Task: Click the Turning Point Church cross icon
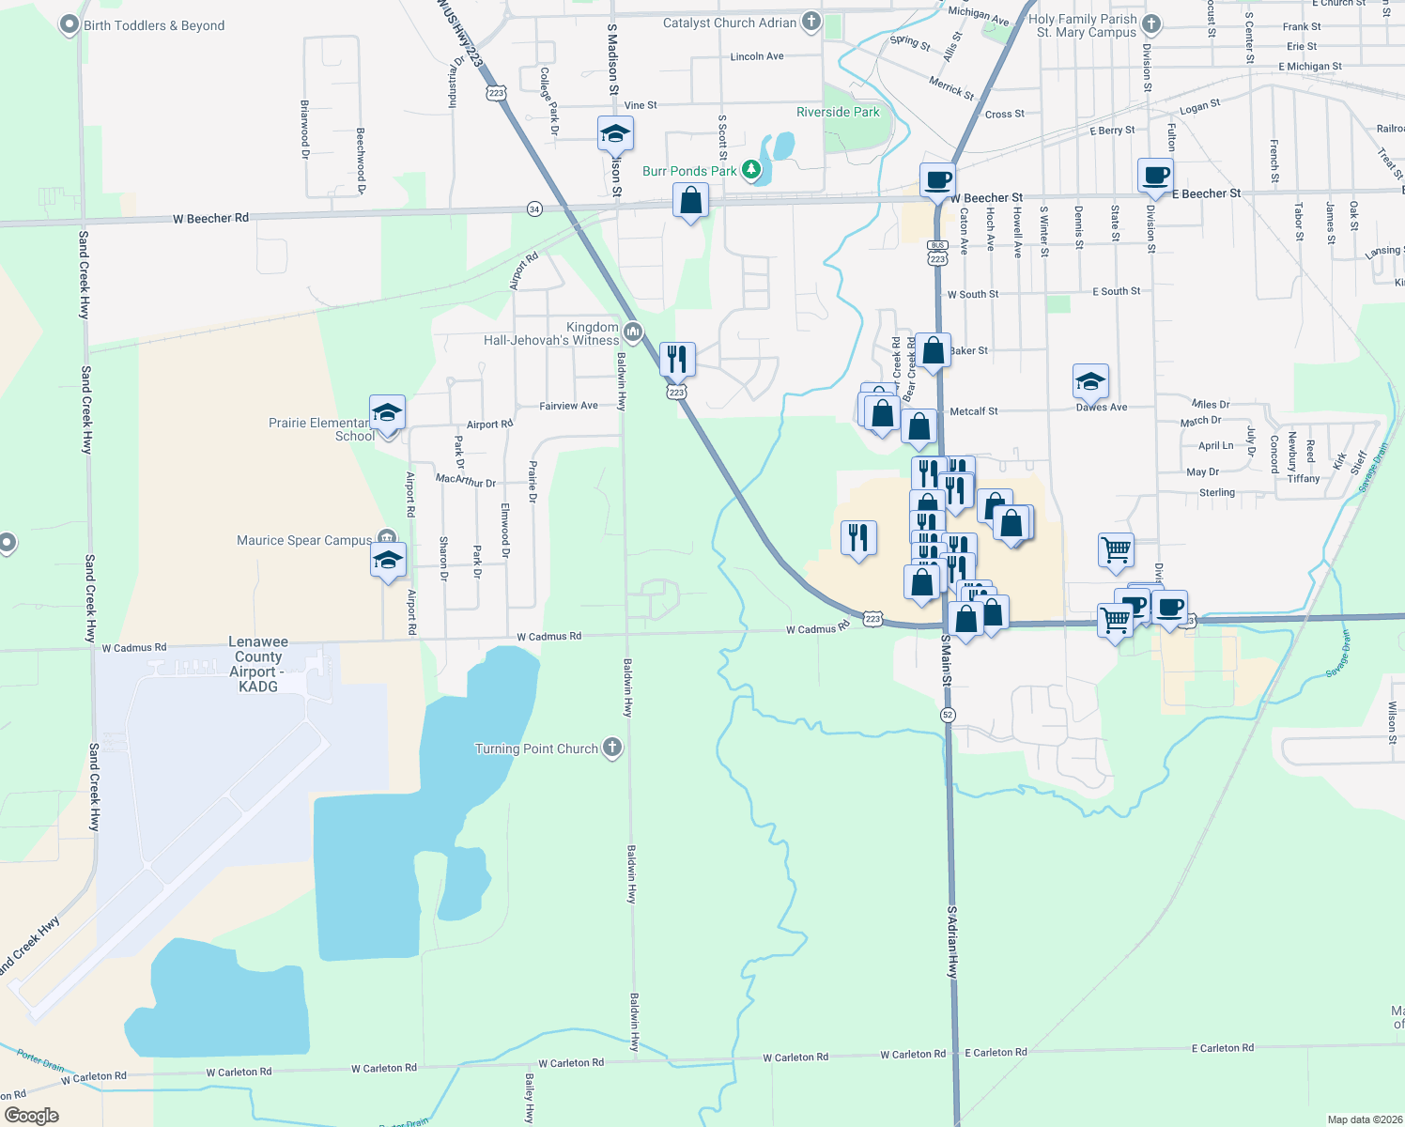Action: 612,748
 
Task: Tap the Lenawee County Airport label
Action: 258,664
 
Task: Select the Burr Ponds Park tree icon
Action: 750,170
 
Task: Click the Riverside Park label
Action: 838,112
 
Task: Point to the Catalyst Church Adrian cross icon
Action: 811,22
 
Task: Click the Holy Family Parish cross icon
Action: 1151,24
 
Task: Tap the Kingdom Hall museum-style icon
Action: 632,332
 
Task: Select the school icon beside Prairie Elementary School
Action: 387,412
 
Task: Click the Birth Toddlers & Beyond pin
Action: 69,24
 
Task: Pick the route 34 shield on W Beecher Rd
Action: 534,208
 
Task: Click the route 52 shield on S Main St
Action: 948,715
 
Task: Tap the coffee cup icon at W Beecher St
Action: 936,178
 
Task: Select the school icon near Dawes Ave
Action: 1090,381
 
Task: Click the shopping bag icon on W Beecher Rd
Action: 690,200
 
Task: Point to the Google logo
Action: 31,1116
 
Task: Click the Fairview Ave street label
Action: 568,406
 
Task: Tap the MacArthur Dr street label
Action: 465,480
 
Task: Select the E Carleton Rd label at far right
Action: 1222,1047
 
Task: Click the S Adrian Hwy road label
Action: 951,942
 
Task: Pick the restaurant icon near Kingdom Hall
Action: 677,359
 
